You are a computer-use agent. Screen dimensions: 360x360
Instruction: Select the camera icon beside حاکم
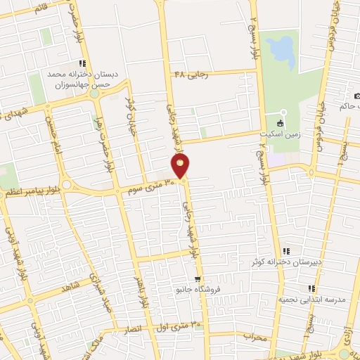coord(357,96)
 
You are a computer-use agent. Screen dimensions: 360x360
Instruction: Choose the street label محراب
coord(258,337)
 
